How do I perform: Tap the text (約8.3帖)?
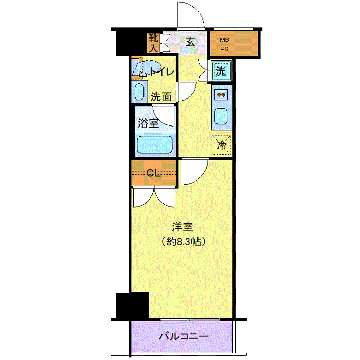(x=184, y=241)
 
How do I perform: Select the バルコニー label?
(x=183, y=337)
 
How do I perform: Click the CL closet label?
(x=153, y=173)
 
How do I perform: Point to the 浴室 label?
(x=148, y=123)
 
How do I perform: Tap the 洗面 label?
(x=161, y=96)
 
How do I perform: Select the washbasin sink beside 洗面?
(x=139, y=93)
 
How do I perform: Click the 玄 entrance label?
(x=190, y=42)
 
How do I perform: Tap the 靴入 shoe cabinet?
(x=153, y=43)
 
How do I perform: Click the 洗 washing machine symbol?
(x=221, y=71)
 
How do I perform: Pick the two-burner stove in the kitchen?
(x=221, y=95)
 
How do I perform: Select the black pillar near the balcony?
(x=132, y=305)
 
